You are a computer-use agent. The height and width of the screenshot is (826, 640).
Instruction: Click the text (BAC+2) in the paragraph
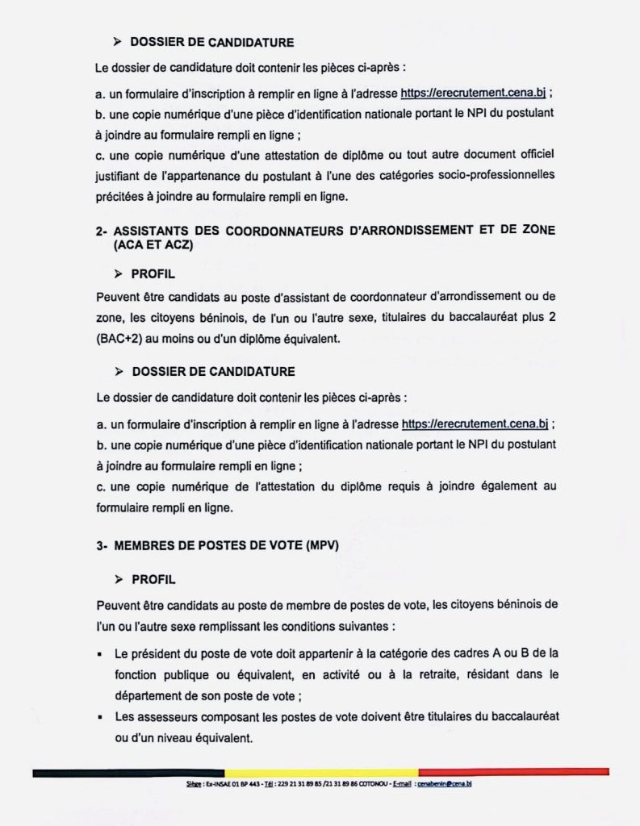(119, 340)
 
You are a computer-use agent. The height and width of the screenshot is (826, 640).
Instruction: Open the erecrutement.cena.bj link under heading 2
(475, 423)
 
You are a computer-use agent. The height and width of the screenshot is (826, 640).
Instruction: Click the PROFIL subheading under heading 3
(153, 580)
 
